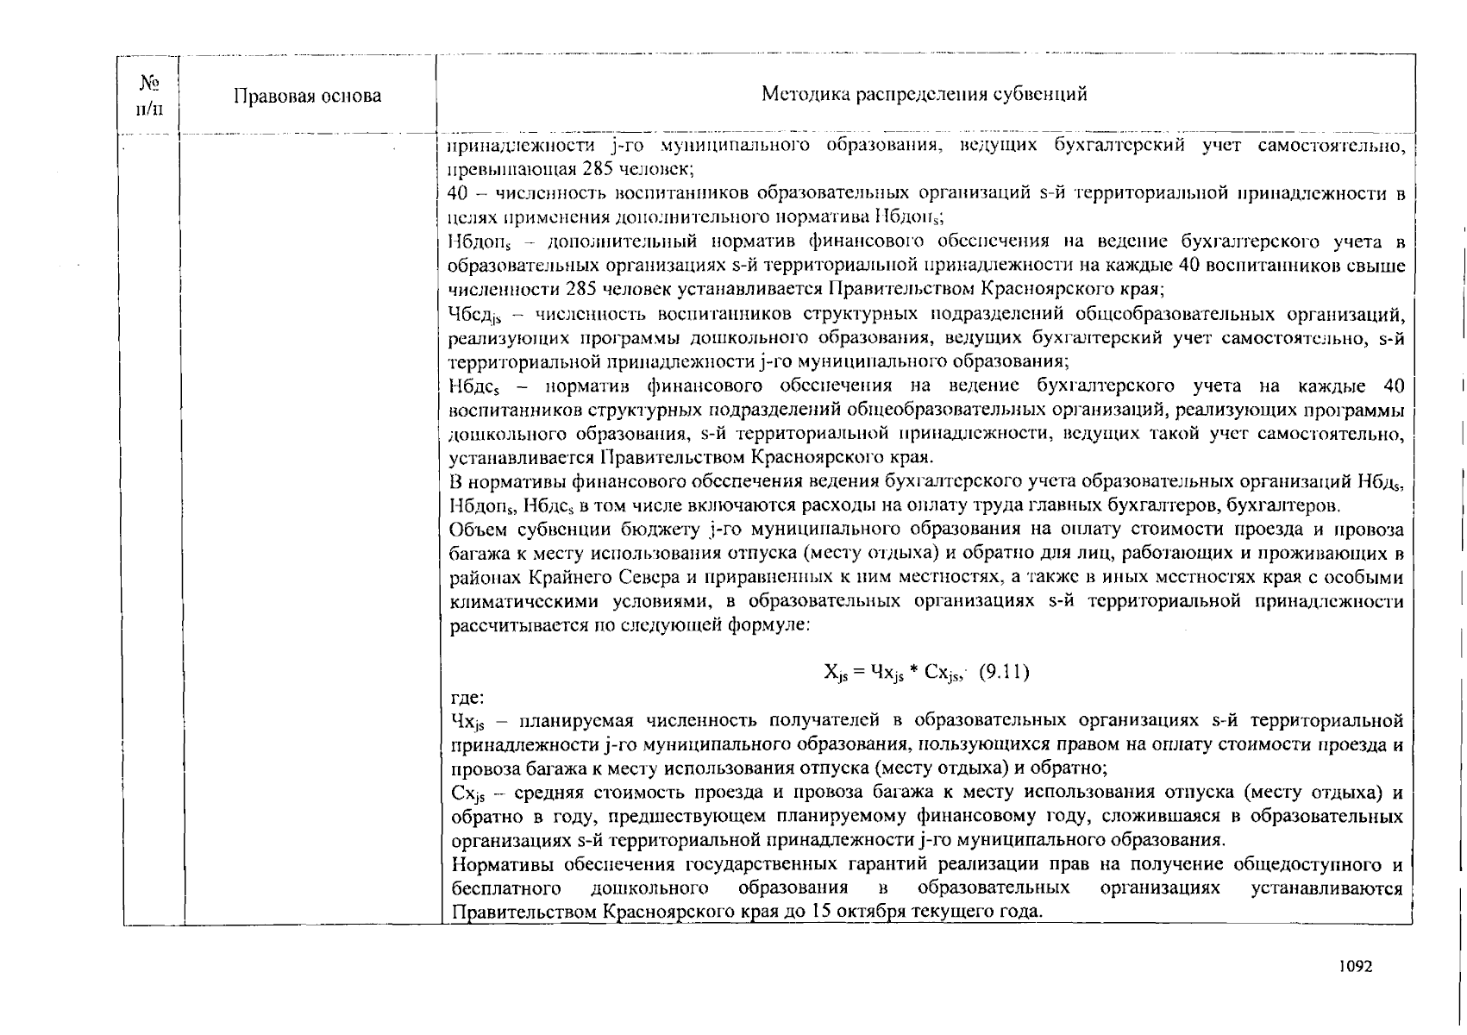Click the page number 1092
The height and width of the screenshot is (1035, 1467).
1355,967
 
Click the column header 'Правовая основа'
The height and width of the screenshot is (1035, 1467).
307,96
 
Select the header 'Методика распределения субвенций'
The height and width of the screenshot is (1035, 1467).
924,94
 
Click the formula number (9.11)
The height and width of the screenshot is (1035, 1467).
1005,671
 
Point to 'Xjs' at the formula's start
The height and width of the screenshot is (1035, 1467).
835,673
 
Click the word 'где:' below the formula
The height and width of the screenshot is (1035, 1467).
467,696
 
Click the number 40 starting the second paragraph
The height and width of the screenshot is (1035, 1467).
459,192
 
